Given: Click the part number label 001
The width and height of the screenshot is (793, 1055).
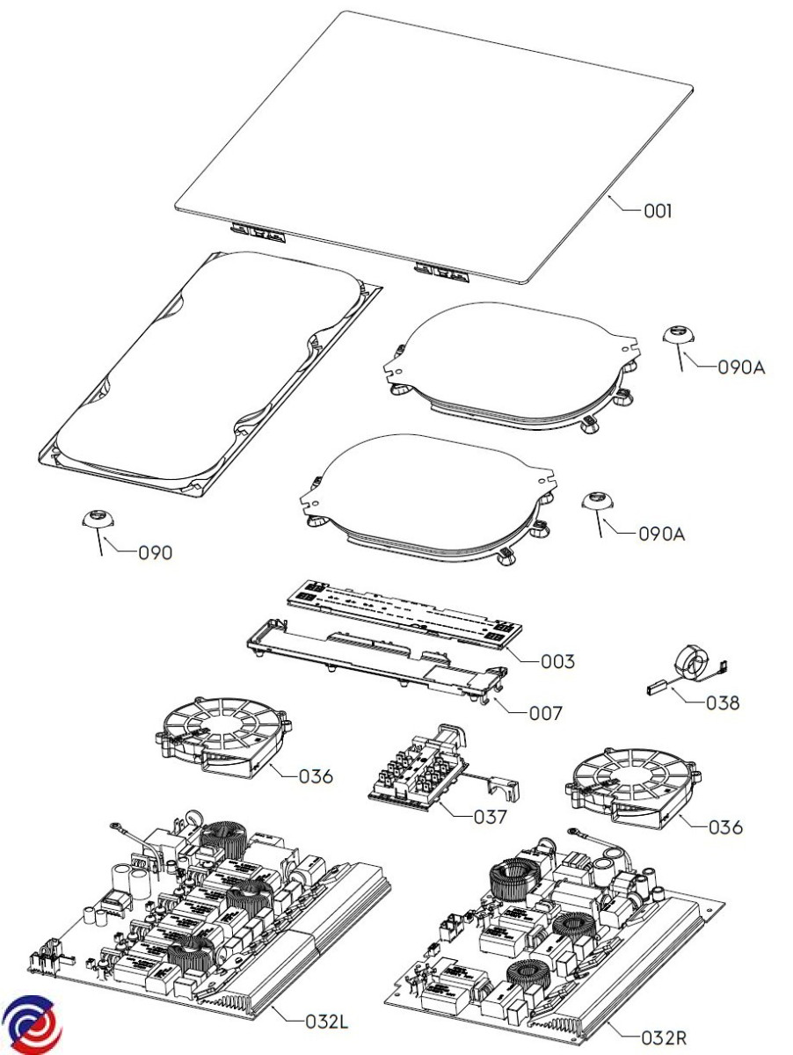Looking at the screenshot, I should click(658, 211).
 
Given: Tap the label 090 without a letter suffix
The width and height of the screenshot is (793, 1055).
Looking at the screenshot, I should click(155, 553).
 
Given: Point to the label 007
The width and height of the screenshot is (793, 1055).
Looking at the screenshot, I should click(545, 713).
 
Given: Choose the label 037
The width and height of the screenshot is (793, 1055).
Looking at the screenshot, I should click(491, 817).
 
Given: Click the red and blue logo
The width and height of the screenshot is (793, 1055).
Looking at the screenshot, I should click(32, 1024).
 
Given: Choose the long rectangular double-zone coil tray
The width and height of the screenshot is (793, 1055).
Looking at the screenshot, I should click(211, 374).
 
